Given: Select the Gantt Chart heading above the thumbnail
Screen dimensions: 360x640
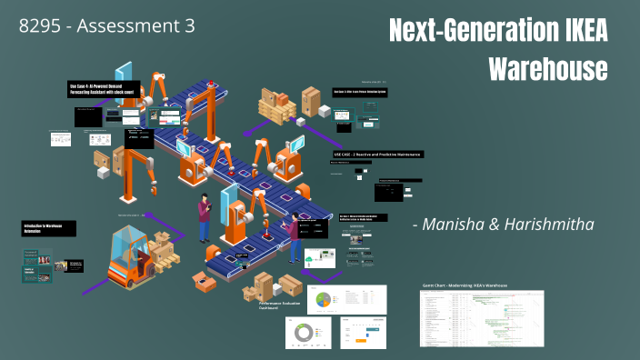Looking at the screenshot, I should click(465, 285).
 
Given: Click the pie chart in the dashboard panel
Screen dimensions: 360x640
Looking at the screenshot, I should click(324, 298).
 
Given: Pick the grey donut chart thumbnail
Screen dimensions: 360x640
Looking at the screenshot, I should click(304, 335).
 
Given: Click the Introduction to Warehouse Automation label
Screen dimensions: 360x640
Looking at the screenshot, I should click(50, 228).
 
